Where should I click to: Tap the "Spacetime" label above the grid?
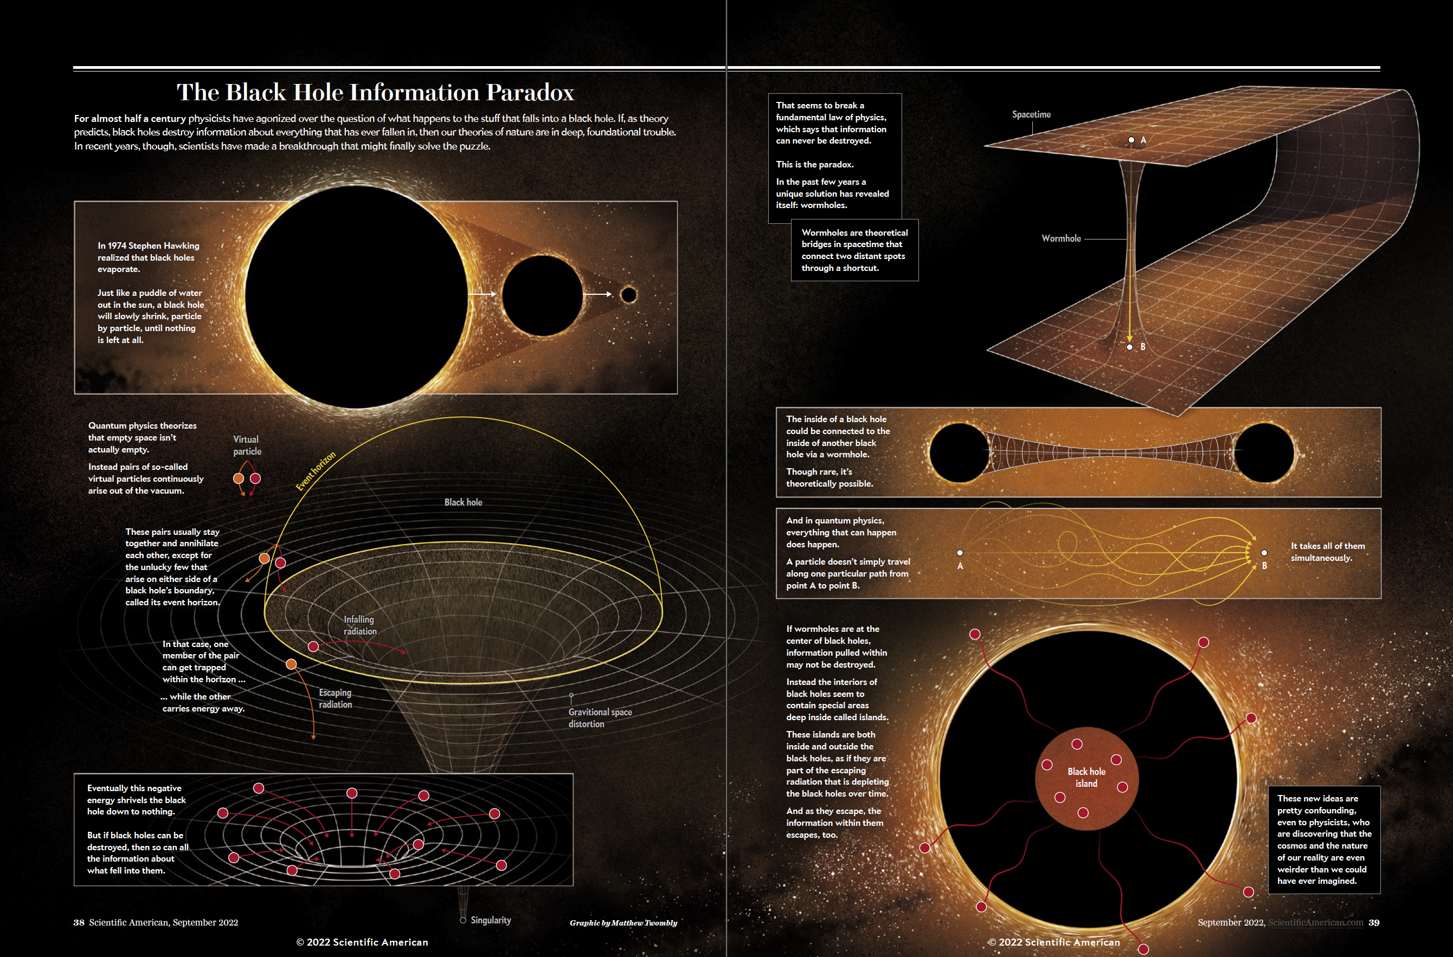(x=1031, y=114)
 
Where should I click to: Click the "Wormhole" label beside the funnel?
(x=1061, y=238)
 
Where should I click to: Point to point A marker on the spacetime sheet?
(x=1131, y=140)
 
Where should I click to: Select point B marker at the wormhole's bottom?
(x=1129, y=347)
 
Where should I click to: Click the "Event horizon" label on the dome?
(x=316, y=471)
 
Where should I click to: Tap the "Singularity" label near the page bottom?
(x=490, y=920)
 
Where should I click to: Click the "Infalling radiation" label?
(x=359, y=625)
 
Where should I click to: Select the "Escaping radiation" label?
(x=335, y=698)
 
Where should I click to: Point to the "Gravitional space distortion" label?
(x=600, y=717)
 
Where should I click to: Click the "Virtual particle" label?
(x=247, y=445)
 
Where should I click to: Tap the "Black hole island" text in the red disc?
(x=1086, y=778)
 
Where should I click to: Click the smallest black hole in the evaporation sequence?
(x=628, y=295)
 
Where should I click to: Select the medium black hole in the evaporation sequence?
(x=542, y=295)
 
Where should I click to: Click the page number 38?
(x=79, y=922)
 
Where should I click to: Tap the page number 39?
(x=1374, y=922)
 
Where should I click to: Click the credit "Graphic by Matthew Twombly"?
(x=623, y=923)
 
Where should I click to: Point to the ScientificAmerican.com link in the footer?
(x=1316, y=922)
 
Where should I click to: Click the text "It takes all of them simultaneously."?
(x=1328, y=552)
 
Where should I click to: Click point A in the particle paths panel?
(x=960, y=553)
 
